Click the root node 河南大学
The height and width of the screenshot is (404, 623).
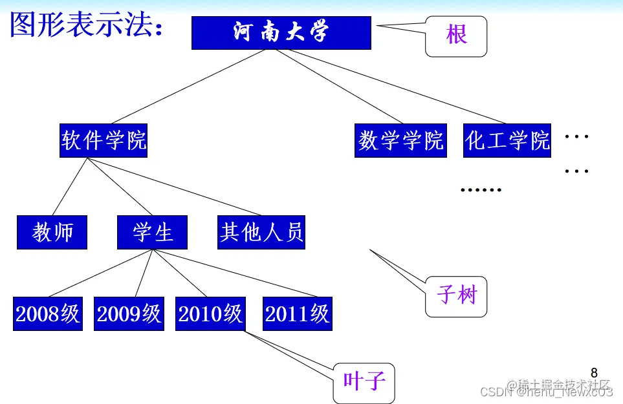pyautogui.click(x=281, y=33)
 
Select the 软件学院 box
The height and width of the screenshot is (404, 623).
pyautogui.click(x=104, y=140)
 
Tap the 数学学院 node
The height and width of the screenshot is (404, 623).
pyautogui.click(x=401, y=140)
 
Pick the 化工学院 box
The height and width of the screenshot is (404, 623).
pyautogui.click(x=507, y=140)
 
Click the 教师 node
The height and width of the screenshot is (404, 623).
pyautogui.click(x=52, y=233)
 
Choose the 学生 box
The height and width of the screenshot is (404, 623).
pyautogui.click(x=152, y=233)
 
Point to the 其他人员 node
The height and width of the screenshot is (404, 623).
pyautogui.click(x=261, y=233)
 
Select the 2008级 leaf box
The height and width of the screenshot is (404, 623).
pyautogui.click(x=48, y=314)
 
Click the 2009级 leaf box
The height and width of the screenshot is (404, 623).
pyautogui.click(x=129, y=314)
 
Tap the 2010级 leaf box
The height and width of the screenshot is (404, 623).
pyautogui.click(x=210, y=314)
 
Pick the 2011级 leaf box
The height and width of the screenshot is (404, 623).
pyautogui.click(x=298, y=314)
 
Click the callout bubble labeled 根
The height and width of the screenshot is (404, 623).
pyautogui.click(x=456, y=35)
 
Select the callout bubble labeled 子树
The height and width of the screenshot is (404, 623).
pyautogui.click(x=456, y=296)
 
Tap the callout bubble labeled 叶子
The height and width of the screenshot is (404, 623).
pyautogui.click(x=364, y=382)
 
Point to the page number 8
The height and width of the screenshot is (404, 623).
pyautogui.click(x=594, y=373)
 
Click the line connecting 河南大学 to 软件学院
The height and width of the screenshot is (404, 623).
pyautogui.click(x=188, y=87)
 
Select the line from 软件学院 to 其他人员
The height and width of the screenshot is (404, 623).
pyautogui.click(x=175, y=186)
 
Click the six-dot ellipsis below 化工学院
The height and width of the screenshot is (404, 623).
pyautogui.click(x=481, y=190)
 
